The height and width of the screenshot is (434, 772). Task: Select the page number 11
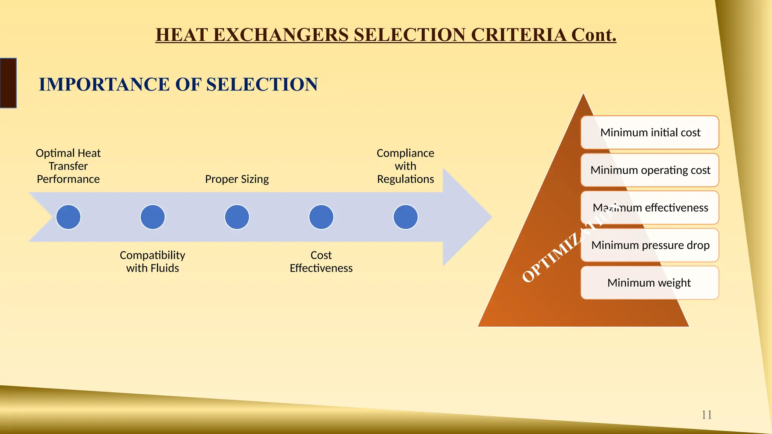706,415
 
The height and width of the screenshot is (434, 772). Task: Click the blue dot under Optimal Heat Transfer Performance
68,217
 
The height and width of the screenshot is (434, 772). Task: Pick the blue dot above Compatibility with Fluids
153,217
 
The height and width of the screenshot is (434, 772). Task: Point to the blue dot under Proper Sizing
237,217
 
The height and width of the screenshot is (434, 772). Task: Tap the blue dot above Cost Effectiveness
321,217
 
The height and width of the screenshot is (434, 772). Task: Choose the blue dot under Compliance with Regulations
406,217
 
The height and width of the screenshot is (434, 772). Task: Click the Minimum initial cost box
650,133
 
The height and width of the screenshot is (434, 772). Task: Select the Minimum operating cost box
650,170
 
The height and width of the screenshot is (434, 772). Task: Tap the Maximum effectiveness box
650,208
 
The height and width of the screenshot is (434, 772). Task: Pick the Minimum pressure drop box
650,245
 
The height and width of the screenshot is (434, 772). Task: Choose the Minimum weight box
650,283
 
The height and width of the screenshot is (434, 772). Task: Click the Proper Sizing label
237,179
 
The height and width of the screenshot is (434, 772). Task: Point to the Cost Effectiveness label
321,261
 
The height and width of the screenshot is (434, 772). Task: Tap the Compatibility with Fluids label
153,261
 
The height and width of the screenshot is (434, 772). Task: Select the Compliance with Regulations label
406,166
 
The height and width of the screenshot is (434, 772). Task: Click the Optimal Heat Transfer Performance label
68,166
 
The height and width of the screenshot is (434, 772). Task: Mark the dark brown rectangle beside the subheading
8,83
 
